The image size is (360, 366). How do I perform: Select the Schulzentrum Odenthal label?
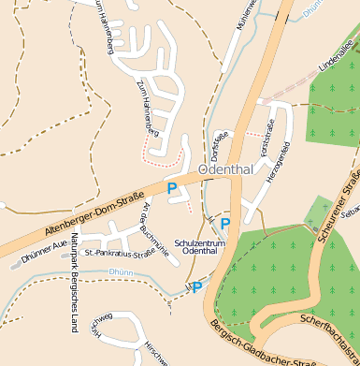pos(202,245)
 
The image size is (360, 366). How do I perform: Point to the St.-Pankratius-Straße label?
pos(119,252)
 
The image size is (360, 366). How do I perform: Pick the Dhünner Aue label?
pos(43,246)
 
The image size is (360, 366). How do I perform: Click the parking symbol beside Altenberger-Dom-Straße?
pos(172,188)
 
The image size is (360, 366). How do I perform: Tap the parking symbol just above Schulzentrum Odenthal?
pos(224,223)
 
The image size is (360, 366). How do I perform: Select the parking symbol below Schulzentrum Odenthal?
pos(197,287)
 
